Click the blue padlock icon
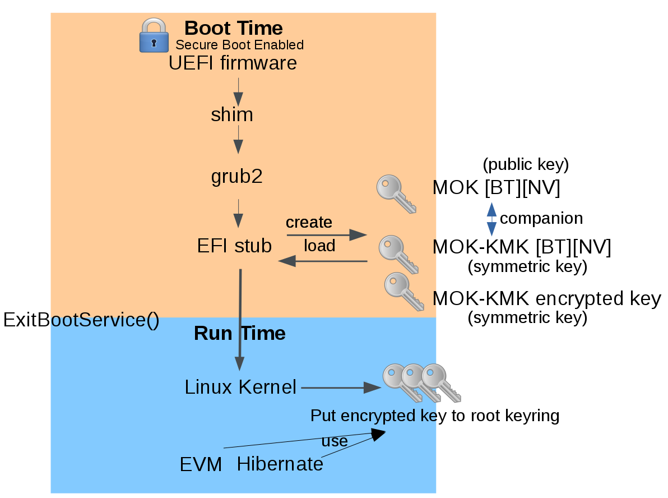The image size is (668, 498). click(x=154, y=35)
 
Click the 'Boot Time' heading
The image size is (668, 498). click(x=233, y=28)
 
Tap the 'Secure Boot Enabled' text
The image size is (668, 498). click(x=239, y=45)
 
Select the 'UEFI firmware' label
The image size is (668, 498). click(x=233, y=63)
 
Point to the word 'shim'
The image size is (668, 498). click(x=232, y=115)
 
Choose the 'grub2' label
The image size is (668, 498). click(x=236, y=177)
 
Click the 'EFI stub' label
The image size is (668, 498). click(x=234, y=246)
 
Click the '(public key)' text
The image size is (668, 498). click(x=526, y=164)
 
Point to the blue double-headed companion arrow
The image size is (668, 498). click(x=491, y=219)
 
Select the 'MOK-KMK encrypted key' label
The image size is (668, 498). click(x=547, y=298)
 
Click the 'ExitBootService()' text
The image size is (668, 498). click(x=81, y=320)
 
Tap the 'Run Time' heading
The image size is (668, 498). click(x=239, y=334)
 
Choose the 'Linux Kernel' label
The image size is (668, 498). click(x=240, y=387)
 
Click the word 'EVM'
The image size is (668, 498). click(x=201, y=464)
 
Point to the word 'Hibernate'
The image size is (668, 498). click(x=280, y=464)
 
